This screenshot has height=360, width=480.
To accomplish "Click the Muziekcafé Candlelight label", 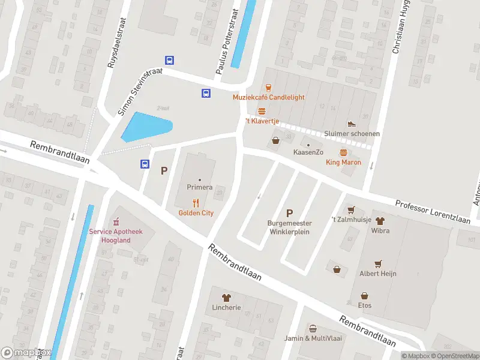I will (x=269, y=97).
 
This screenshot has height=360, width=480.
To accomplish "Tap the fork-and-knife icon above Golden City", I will (x=196, y=203).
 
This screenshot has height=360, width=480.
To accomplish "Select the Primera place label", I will (x=199, y=187).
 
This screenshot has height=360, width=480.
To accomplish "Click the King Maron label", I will (x=343, y=162).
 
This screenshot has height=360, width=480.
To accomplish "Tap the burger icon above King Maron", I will (x=343, y=152).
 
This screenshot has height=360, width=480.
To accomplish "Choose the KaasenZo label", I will (x=308, y=153).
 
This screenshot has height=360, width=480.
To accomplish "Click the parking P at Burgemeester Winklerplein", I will (x=289, y=213).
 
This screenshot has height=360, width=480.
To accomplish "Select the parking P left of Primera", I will (x=163, y=171).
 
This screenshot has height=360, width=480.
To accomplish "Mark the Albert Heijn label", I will (x=378, y=274).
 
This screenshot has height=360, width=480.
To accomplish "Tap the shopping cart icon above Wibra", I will (x=352, y=210).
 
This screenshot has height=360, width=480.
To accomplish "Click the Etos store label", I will (x=365, y=305).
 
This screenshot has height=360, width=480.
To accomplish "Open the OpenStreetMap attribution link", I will (x=455, y=356).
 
